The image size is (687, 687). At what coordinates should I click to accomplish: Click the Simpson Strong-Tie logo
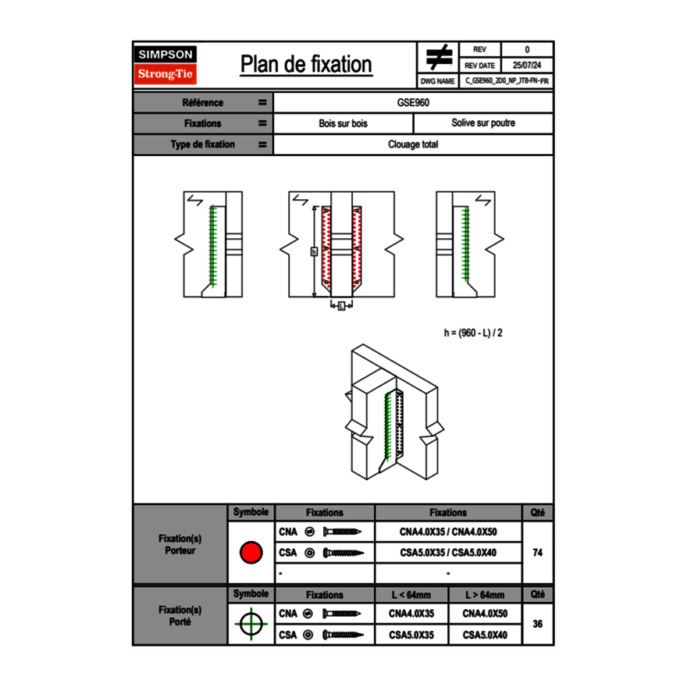click(166, 65)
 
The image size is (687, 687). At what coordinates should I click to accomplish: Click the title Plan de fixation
click(306, 64)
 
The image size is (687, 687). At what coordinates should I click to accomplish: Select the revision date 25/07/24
click(527, 66)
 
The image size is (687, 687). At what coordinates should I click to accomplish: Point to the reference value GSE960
click(413, 103)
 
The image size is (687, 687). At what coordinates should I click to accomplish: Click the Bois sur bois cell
click(343, 123)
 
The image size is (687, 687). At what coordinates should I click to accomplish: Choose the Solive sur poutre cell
click(482, 123)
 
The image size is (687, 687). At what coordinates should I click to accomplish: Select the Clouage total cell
click(413, 144)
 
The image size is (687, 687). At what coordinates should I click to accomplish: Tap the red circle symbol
click(250, 553)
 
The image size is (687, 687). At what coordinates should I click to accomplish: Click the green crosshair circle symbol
click(250, 624)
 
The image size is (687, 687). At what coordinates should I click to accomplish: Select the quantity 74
click(537, 553)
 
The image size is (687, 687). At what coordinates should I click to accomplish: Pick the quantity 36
click(537, 624)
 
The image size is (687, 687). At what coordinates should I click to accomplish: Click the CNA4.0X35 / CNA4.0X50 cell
click(448, 532)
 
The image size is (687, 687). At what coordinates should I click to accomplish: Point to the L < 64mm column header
click(411, 595)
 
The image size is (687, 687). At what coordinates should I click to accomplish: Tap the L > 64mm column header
click(484, 595)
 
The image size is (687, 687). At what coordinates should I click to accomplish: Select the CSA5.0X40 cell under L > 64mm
click(484, 635)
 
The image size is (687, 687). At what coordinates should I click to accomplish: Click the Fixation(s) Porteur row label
click(180, 545)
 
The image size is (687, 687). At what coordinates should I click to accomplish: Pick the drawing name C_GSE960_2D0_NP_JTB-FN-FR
click(506, 80)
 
